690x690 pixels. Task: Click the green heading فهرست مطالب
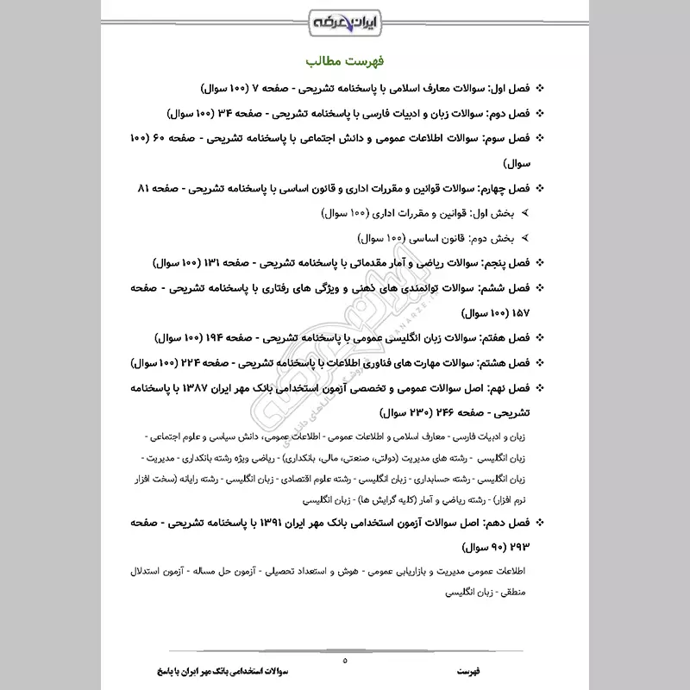344,62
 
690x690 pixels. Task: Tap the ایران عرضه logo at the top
344,19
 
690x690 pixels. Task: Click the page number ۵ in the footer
344,660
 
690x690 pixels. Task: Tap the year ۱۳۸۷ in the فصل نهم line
210,388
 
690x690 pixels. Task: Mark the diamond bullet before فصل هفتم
541,338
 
